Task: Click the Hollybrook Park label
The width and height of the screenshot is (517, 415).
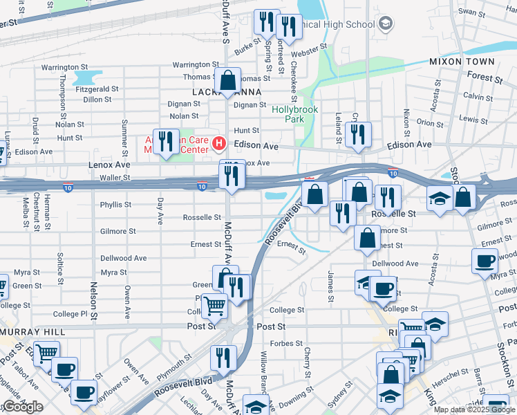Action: [x=288, y=114]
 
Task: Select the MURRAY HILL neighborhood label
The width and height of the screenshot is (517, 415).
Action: [x=32, y=332]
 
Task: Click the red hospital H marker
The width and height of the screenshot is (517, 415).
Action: [x=219, y=144]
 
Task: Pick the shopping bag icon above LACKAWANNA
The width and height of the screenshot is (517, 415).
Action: [x=227, y=81]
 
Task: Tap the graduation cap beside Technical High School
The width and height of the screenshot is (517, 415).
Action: [x=385, y=24]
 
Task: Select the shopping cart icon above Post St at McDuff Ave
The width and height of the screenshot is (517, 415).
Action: [x=215, y=304]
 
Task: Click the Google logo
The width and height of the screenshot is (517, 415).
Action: [x=23, y=407]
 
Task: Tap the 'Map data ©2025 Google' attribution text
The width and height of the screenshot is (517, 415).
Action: [x=475, y=409]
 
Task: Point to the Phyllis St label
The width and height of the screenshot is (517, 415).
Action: [x=115, y=205]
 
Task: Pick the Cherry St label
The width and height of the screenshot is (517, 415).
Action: [x=307, y=357]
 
